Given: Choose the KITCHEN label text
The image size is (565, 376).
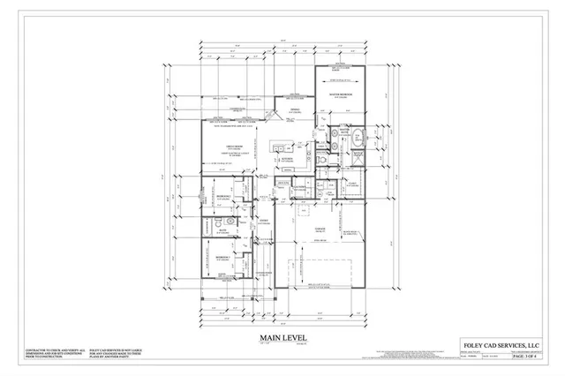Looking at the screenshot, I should [x=288, y=158].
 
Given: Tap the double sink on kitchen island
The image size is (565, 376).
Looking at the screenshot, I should [x=278, y=145].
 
